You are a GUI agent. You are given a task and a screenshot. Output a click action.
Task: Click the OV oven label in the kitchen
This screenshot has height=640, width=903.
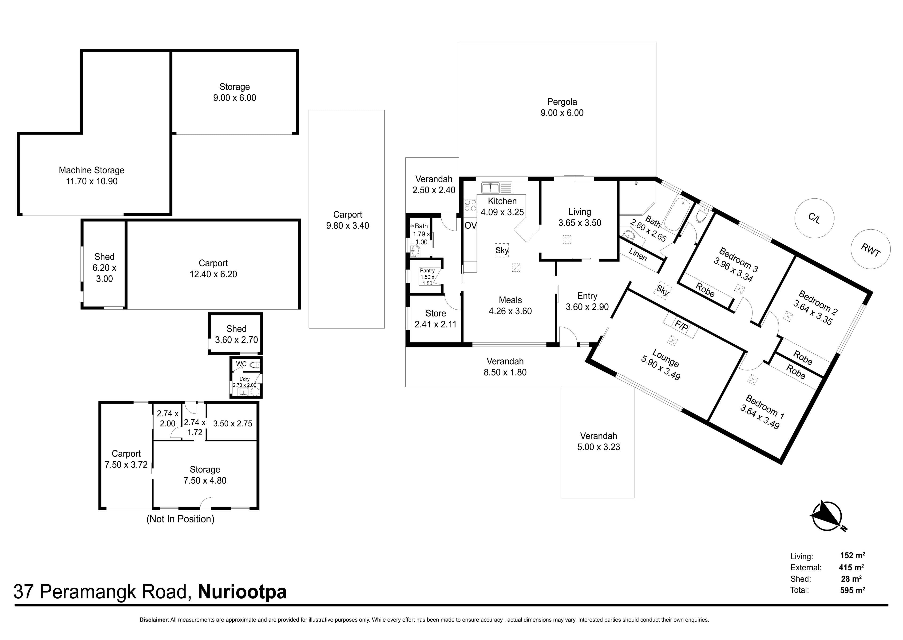coord(470,226)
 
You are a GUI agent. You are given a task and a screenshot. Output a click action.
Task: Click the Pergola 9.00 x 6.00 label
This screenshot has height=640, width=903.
coord(562,107)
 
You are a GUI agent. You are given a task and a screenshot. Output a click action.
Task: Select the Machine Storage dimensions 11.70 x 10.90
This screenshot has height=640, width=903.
coord(91,181)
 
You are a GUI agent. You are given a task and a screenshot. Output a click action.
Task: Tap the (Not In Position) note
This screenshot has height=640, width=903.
coord(180,519)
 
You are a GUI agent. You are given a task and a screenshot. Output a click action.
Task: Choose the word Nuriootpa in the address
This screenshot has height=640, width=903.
coord(242,592)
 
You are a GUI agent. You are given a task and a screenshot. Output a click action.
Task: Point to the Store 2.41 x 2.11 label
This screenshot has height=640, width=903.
coord(435,319)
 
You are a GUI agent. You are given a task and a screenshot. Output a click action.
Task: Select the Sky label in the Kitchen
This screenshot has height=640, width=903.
coord(502,250)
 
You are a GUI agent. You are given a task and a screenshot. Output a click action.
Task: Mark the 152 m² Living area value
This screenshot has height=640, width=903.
coord(853,556)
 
